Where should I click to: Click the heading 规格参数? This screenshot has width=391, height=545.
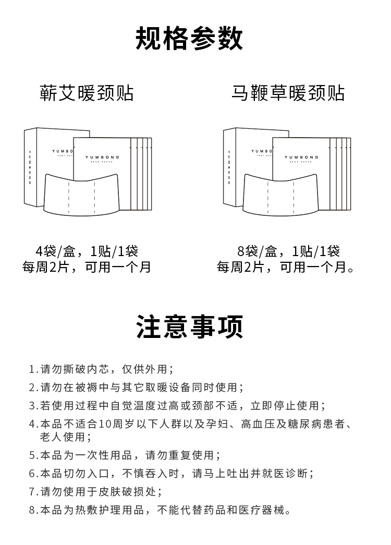coord(189,40)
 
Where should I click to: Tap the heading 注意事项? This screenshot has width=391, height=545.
coord(189,327)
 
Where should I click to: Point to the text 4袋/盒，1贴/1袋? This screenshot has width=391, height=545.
coord(87,251)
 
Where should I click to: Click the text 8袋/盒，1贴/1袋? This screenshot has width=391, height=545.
coord(288,251)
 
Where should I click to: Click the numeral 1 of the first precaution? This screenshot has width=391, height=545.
coord(32,369)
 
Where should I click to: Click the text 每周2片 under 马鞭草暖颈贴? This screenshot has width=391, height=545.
coord(240,268)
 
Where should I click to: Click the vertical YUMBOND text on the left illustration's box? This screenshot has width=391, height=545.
coord(30,166)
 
